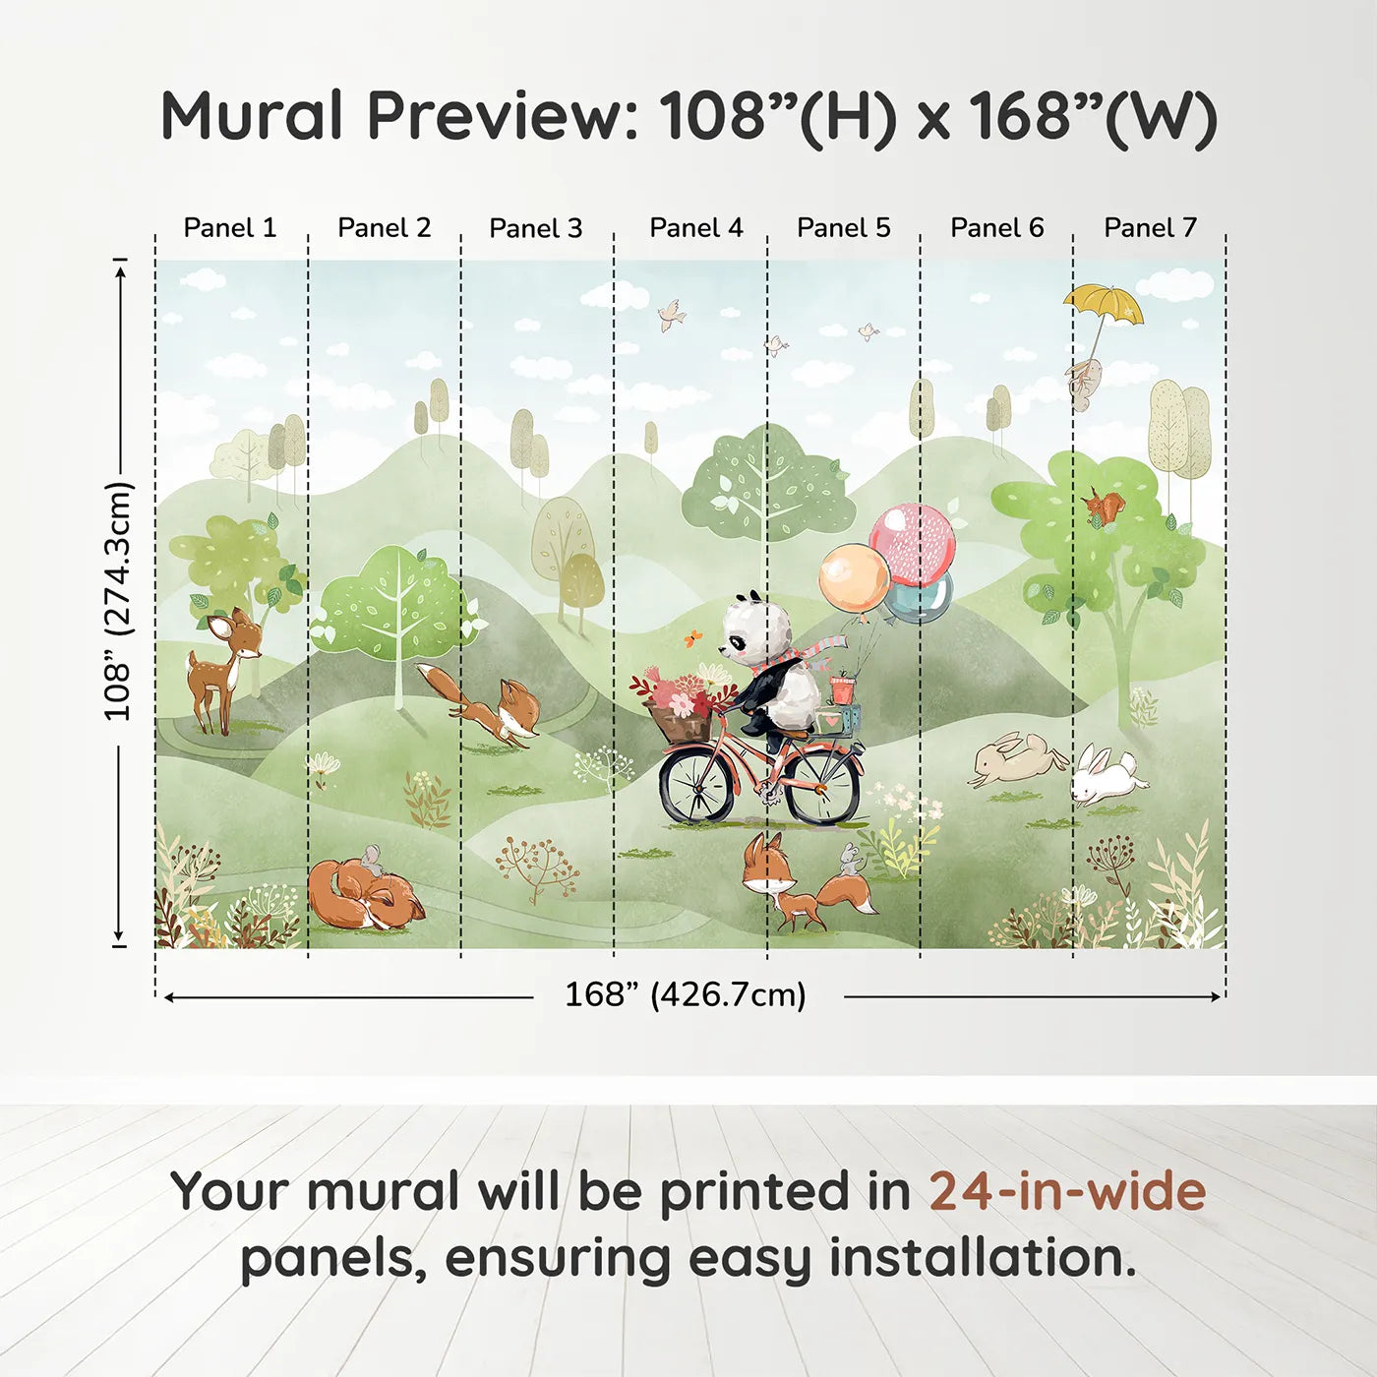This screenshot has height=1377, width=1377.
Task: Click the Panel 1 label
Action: click(230, 228)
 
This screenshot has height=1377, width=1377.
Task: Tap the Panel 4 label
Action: click(695, 228)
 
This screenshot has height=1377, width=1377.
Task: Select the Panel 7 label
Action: click(1150, 228)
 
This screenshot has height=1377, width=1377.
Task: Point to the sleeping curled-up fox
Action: click(364, 893)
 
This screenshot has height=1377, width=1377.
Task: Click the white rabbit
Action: click(1106, 775)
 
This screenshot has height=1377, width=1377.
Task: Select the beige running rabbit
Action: click(1016, 758)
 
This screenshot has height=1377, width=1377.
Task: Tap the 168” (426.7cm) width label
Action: click(685, 995)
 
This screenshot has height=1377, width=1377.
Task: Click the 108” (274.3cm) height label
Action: click(118, 601)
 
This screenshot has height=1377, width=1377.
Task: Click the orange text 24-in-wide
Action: click(1067, 1192)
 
